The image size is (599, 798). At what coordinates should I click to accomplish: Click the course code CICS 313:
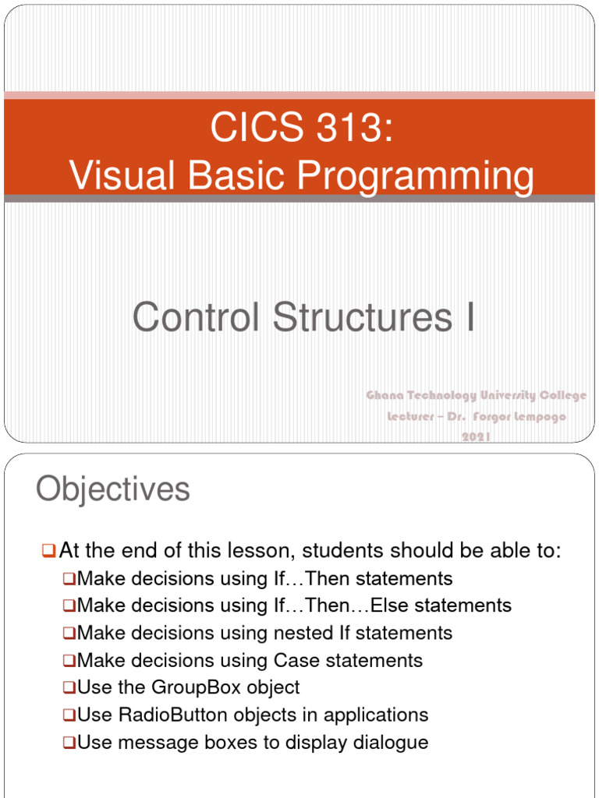[x=300, y=128]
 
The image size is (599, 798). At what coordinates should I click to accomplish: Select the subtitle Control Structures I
[x=303, y=318]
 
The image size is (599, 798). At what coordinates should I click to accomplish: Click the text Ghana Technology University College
[x=477, y=396]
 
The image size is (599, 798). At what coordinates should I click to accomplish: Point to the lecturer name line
[x=477, y=417]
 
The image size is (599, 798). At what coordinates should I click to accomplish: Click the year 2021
[x=477, y=438]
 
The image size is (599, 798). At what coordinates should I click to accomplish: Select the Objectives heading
[x=113, y=490]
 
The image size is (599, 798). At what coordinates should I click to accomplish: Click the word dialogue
[x=392, y=743]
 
